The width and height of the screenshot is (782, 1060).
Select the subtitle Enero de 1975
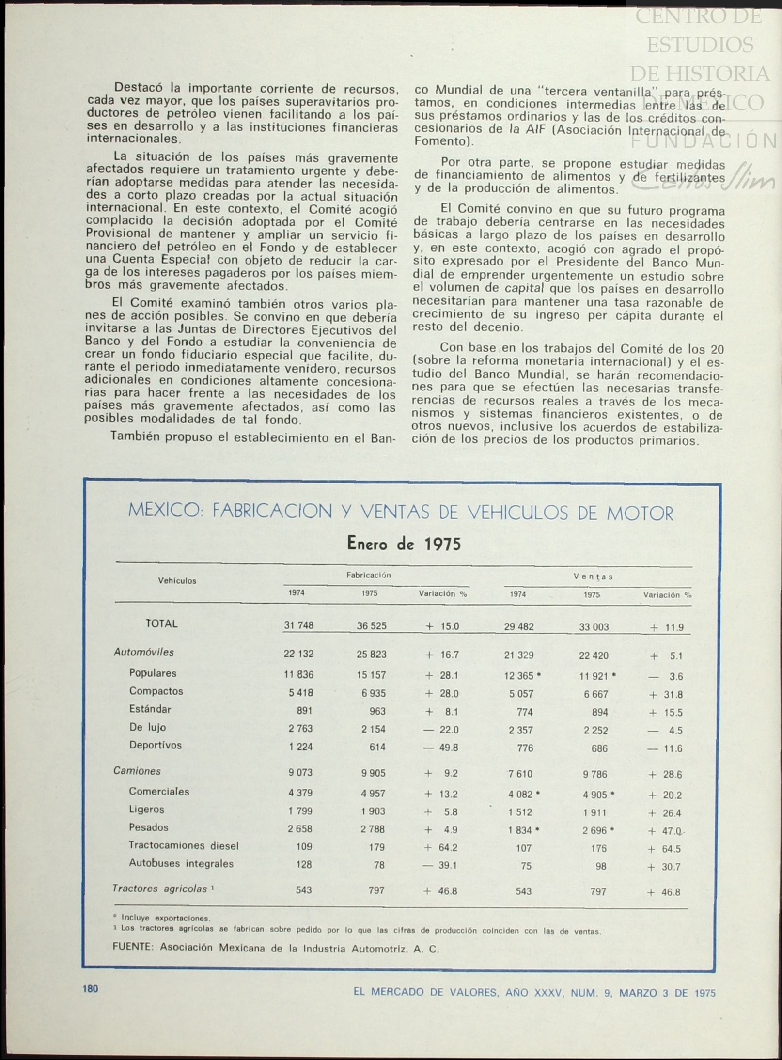(x=404, y=544)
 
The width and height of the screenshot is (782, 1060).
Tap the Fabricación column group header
(x=368, y=575)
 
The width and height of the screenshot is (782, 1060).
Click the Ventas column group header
(x=593, y=577)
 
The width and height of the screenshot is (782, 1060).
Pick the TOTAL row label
(x=161, y=624)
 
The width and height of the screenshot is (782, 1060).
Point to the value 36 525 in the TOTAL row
(x=372, y=625)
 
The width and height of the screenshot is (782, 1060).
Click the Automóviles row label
(x=143, y=652)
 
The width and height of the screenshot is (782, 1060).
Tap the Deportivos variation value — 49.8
(x=441, y=748)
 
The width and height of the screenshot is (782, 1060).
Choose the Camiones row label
(x=137, y=771)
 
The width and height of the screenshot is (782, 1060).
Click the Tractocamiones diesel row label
(x=184, y=845)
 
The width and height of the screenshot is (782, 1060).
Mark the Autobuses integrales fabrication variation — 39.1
(x=440, y=865)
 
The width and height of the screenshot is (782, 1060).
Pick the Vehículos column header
(x=177, y=581)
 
